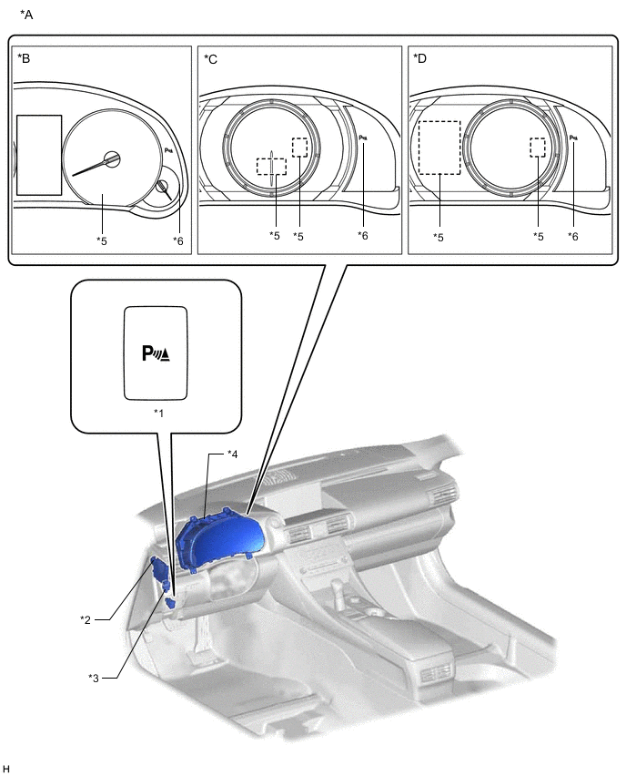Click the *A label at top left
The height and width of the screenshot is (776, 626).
point(26,15)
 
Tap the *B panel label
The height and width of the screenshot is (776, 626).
point(24,58)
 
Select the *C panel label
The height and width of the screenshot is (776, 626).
point(211,59)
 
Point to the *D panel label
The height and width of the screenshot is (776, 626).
point(419,58)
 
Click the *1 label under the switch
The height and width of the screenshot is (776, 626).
point(158,413)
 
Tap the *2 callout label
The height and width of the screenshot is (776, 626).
point(86,619)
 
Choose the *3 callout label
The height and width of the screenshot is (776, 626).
point(94,678)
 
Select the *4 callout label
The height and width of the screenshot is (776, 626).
point(232,454)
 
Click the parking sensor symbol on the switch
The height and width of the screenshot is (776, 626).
point(156,353)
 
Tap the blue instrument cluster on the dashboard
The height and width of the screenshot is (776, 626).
point(220,539)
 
